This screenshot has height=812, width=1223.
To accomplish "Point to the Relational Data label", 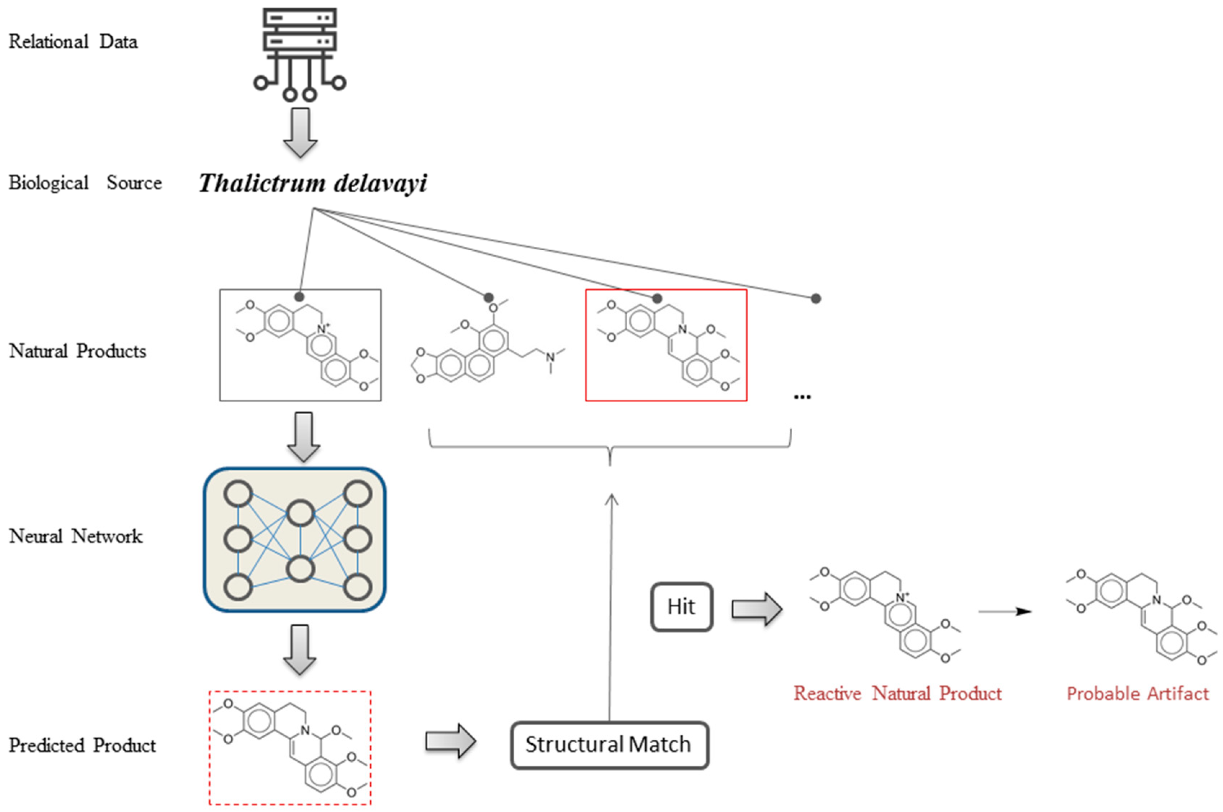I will (x=73, y=41).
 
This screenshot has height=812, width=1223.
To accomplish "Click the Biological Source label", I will (x=85, y=183).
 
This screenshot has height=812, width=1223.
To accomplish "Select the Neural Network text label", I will (x=75, y=536).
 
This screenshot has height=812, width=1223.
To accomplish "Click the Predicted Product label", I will (x=82, y=745).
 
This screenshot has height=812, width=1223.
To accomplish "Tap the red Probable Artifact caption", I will (x=1137, y=693).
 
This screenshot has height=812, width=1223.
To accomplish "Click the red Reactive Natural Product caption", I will (x=897, y=693).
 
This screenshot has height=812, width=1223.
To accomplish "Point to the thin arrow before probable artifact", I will (x=1004, y=612).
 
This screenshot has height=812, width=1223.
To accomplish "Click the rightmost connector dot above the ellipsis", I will (x=815, y=298).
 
